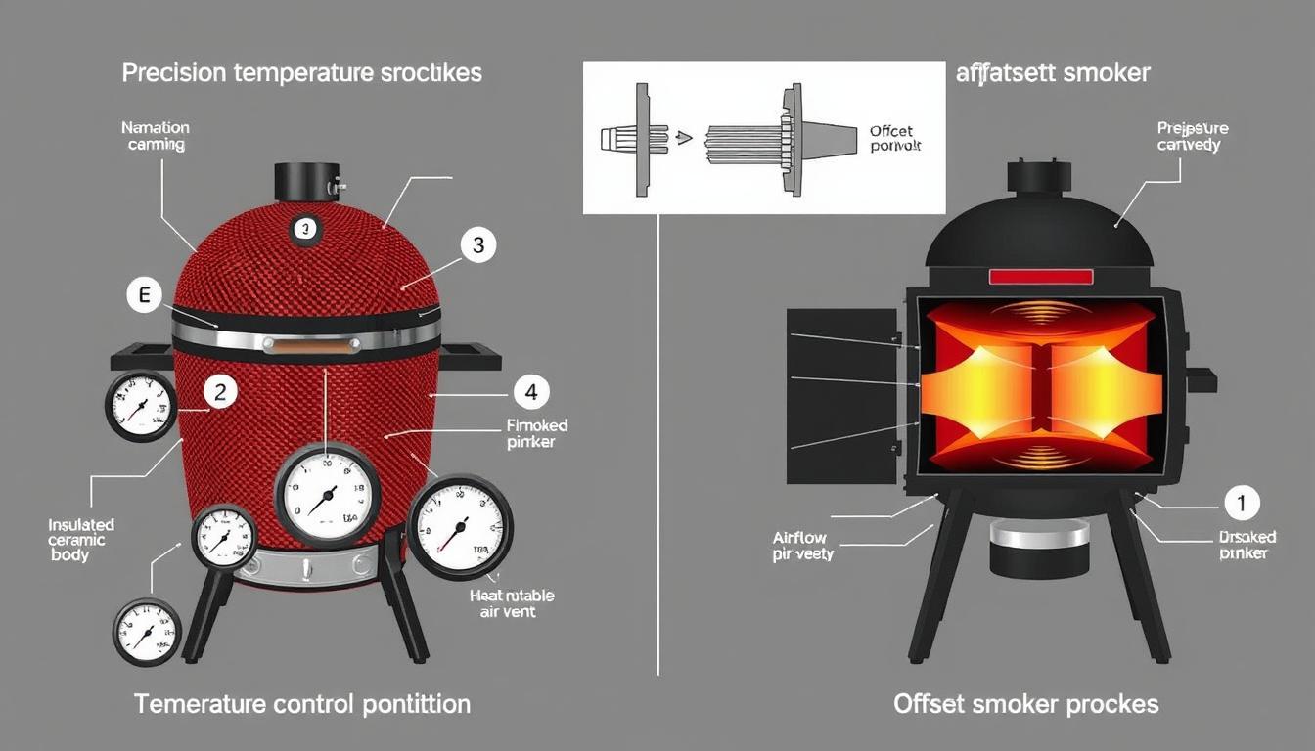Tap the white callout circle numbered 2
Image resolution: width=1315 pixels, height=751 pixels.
220,392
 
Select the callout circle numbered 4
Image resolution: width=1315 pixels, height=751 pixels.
530,393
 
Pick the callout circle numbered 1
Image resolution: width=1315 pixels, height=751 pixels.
1242,504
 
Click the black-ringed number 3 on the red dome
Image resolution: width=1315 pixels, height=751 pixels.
306,230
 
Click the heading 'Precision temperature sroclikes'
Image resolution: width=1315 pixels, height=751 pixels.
301,73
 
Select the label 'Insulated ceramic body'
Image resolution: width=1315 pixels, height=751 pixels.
81,540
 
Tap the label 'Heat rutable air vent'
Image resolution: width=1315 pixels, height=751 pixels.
510,602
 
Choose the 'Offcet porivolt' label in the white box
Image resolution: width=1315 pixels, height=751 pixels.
895,138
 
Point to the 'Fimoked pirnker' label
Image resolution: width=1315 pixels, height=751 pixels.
537,433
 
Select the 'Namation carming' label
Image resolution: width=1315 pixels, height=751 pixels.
156,135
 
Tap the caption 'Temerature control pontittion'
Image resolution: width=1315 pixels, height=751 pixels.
301,704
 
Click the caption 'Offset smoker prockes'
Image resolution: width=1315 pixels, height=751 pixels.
1025,704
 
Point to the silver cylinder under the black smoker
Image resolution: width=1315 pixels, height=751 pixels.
1039,536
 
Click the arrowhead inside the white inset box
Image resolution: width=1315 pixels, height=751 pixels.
685,138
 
